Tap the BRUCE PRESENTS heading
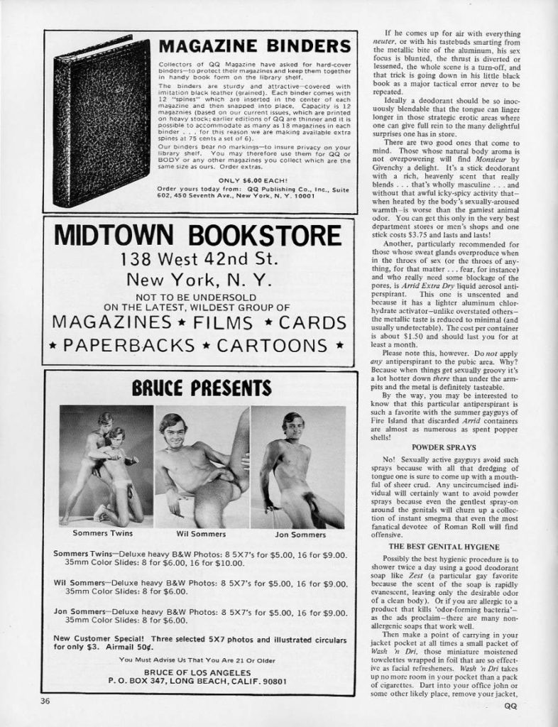(x=201, y=388)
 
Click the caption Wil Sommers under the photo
(x=201, y=532)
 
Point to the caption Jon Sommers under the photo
(x=297, y=532)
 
